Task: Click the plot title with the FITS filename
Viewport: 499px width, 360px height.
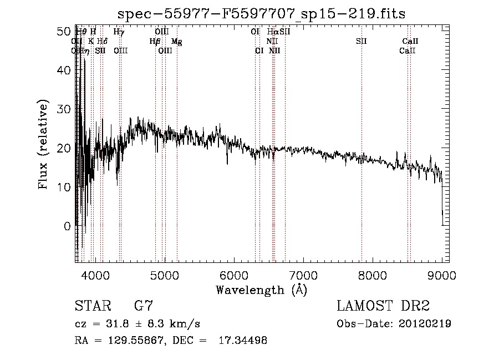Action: [262, 14]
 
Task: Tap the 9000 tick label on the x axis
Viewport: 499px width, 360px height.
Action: [442, 274]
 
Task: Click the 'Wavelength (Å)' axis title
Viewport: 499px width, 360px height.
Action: [261, 290]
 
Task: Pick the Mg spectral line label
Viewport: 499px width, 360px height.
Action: [176, 42]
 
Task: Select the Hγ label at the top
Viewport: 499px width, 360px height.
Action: [119, 32]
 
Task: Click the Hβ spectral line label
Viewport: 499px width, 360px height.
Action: [155, 42]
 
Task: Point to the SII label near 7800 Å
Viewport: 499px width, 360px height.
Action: [361, 42]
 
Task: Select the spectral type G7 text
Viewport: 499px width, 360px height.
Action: [143, 306]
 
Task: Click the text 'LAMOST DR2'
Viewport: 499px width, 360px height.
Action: [383, 306]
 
